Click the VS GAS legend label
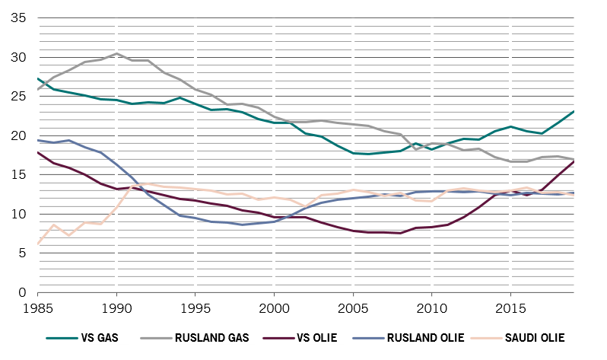[100, 337]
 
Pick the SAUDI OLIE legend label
[536, 337]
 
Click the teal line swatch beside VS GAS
[63, 337]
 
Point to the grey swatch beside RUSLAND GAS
[156, 337]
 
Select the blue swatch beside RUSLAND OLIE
[368, 337]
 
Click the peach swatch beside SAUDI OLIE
[488, 337]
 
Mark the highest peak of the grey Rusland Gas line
[116, 53]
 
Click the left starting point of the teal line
[38, 78]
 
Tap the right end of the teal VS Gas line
[574, 111]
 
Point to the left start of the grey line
[38, 88]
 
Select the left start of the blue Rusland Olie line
[38, 141]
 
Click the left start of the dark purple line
[38, 153]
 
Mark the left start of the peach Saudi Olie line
[38, 243]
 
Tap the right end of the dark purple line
[574, 161]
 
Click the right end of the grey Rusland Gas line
[574, 159]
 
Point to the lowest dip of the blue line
[242, 225]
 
